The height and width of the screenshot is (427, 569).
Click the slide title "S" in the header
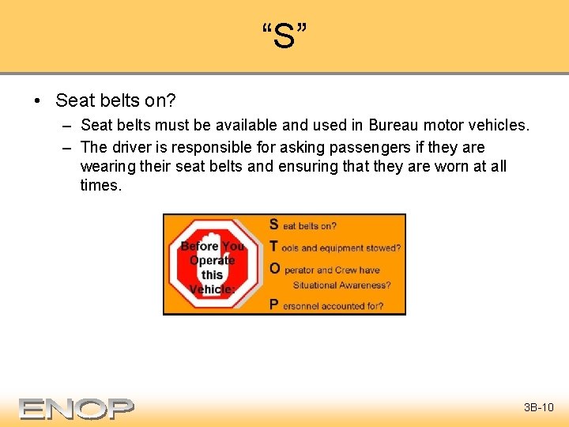click(x=284, y=36)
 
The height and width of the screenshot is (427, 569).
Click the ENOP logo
click(x=77, y=408)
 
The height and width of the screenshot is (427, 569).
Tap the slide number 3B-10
click(x=539, y=408)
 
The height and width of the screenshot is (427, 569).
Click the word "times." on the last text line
click(x=101, y=185)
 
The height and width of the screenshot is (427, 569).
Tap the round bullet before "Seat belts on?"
click(x=37, y=101)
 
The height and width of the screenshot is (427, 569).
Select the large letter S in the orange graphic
click(x=274, y=225)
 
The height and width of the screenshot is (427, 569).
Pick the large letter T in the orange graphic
click(x=274, y=246)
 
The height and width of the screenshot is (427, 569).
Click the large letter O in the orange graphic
click(x=274, y=268)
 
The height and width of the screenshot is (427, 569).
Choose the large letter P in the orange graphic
click(x=274, y=304)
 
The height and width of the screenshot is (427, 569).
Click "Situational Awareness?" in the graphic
click(x=341, y=285)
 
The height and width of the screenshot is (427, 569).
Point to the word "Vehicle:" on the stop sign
click(x=212, y=289)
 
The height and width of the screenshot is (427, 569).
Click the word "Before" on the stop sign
click(x=199, y=246)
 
